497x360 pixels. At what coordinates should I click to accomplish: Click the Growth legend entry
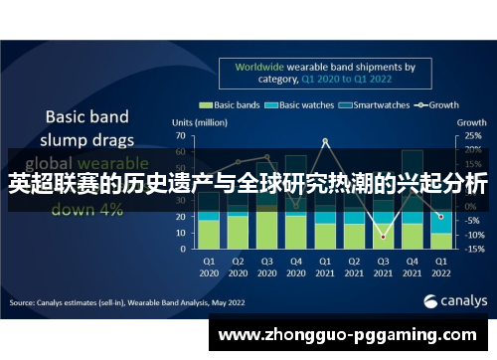440,103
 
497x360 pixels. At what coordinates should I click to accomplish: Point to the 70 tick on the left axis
180,134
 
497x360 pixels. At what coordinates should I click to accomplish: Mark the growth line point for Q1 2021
325,141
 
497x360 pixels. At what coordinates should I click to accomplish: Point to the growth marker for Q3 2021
383,236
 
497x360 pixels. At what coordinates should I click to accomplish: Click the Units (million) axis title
200,121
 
